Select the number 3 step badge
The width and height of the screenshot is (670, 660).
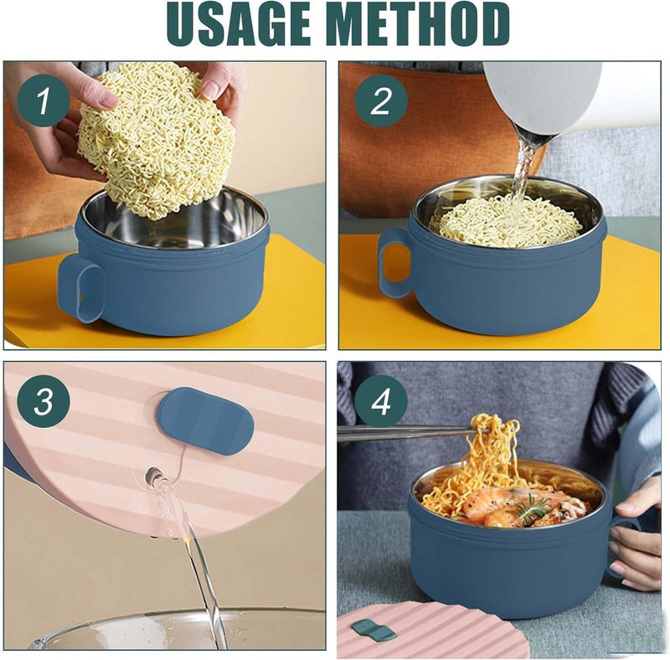click(43, 402)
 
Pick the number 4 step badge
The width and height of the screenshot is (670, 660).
click(380, 402)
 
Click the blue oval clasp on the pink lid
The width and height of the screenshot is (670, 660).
click(205, 420)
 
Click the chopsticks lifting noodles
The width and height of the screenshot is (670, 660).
click(402, 433)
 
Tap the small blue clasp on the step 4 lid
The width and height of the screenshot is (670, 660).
click(374, 631)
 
